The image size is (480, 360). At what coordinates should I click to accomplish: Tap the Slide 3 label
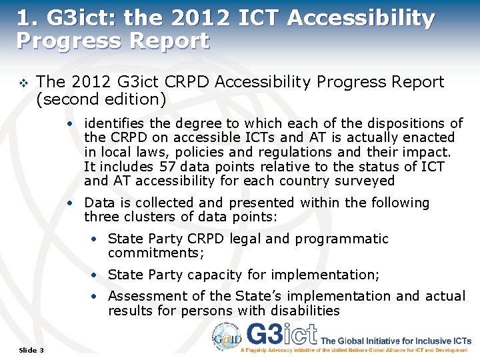pos(31,350)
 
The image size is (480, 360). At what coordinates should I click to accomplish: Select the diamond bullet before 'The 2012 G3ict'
pos(23,83)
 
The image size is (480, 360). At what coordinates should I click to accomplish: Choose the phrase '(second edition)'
pos(101,99)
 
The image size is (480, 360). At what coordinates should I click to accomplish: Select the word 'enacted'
pos(430,137)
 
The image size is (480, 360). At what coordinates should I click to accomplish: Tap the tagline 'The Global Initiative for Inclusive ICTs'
pos(396,341)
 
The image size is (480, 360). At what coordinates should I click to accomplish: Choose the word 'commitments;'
pos(155,253)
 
